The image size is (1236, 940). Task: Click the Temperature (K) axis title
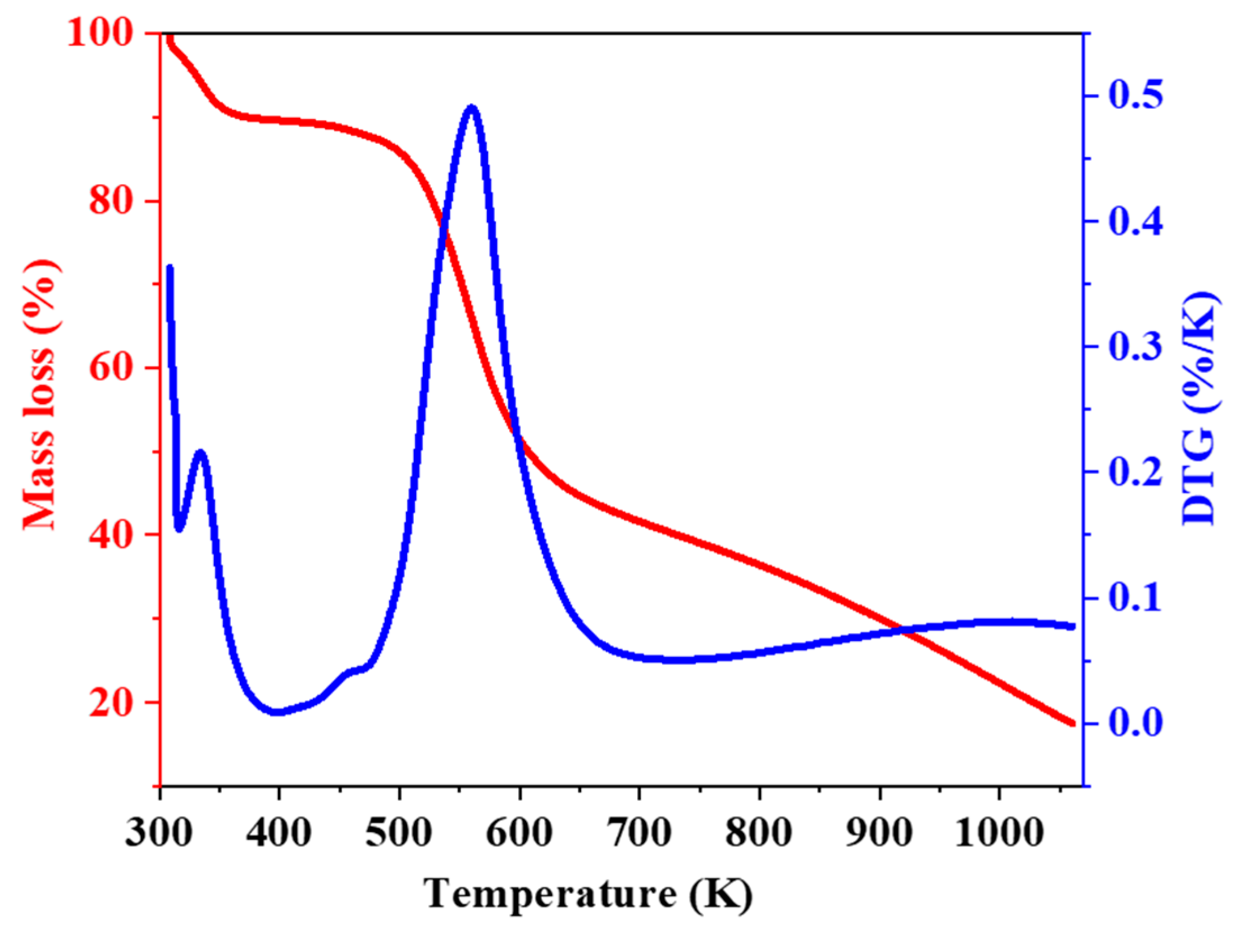tap(587, 893)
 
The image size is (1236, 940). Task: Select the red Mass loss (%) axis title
tap(40, 394)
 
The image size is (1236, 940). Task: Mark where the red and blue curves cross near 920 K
tap(904, 630)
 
